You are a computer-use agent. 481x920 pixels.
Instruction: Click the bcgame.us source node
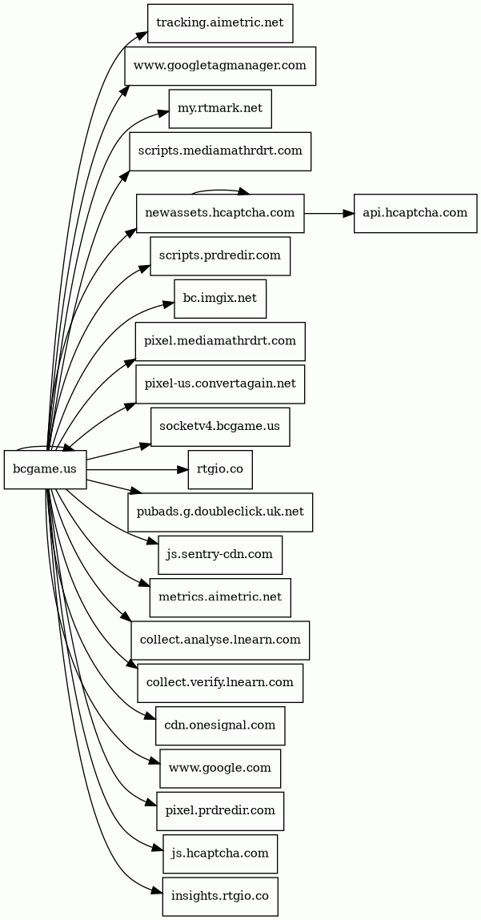tap(45, 469)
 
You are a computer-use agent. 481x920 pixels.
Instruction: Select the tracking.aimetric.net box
tap(220, 23)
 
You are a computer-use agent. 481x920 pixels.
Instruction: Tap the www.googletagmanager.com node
tap(220, 66)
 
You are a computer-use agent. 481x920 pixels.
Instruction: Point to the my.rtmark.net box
tap(220, 109)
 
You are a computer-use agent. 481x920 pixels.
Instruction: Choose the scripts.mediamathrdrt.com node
tap(220, 151)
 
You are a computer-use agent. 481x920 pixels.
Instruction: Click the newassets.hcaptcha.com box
tap(220, 213)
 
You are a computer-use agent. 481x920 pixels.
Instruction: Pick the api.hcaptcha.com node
tap(415, 213)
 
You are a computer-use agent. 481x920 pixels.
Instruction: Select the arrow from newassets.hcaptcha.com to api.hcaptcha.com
tap(329, 213)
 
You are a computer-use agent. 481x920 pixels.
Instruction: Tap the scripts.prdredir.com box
tap(220, 255)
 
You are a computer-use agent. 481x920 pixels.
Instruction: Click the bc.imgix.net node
tap(220, 299)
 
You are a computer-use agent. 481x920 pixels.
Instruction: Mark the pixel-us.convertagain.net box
tap(220, 384)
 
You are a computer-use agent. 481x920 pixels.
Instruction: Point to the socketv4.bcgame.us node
tap(220, 427)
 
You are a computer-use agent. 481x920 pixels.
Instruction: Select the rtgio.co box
tap(220, 469)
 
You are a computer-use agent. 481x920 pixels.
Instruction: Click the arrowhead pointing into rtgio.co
tap(183, 469)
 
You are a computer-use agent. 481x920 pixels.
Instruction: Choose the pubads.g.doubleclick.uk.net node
tap(220, 512)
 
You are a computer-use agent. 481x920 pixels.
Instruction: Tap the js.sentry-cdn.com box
tap(220, 555)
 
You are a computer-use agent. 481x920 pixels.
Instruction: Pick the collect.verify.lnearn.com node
tap(220, 683)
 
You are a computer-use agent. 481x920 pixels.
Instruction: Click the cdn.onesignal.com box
tap(220, 725)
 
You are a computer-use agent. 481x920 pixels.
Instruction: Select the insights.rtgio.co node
tap(220, 897)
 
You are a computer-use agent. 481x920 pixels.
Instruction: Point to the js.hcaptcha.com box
tap(220, 854)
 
